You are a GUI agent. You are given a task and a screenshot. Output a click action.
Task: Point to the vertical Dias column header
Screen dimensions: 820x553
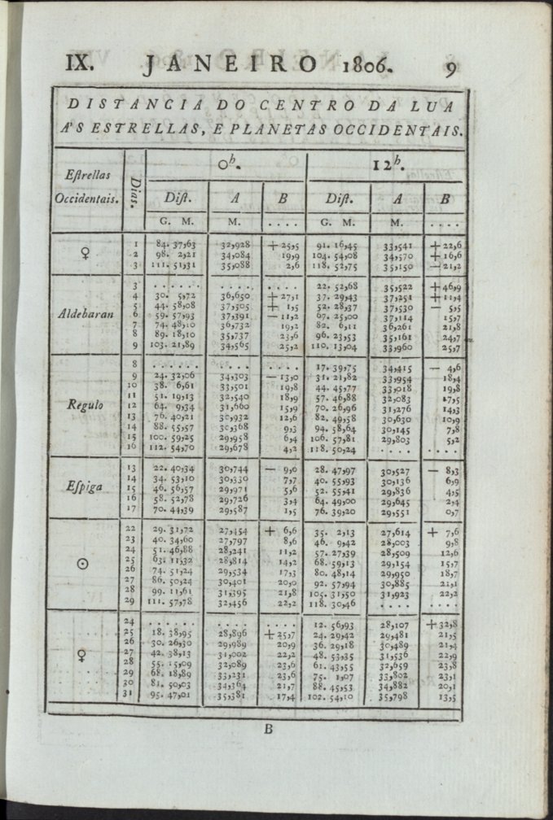click(135, 190)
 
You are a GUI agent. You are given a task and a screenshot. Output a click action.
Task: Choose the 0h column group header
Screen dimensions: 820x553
click(226, 164)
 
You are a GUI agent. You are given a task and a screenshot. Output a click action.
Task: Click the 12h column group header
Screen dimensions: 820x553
click(388, 164)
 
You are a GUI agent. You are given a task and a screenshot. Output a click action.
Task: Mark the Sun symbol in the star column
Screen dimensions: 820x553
click(83, 564)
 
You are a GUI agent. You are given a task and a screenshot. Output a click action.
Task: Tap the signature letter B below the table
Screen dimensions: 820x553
click(268, 730)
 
